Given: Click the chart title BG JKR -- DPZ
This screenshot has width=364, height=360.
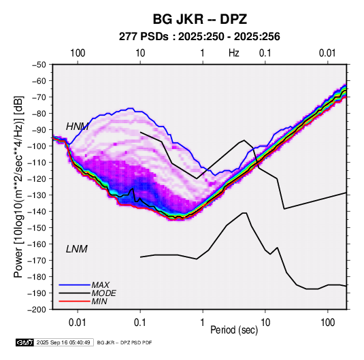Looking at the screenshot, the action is tap(200, 19).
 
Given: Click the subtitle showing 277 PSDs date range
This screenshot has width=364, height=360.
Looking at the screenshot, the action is tap(199, 37).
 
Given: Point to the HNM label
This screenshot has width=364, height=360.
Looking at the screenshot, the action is tap(77, 127).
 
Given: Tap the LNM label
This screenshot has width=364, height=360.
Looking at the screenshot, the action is tap(77, 249).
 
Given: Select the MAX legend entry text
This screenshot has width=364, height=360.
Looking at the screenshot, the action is tap(100, 285).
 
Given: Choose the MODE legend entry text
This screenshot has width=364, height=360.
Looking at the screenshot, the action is tap(104, 293).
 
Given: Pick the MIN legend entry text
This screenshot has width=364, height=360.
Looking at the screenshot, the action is tap(99, 301).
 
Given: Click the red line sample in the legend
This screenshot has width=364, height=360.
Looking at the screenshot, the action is tap(74, 301).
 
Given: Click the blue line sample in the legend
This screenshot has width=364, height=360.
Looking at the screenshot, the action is tap(74, 285).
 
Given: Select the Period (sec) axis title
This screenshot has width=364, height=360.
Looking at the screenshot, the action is tap(234, 330).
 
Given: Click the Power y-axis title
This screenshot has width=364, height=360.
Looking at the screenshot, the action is tap(18, 186).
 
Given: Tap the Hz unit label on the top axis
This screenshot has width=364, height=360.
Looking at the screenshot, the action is tap(234, 53).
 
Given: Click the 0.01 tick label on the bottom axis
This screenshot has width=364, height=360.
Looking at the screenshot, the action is tap(78, 323).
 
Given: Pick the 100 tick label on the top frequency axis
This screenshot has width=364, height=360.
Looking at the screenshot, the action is tap(78, 53).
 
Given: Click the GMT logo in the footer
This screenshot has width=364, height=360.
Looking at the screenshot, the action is tap(25, 342).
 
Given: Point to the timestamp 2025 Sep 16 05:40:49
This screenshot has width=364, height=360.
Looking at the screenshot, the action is tap(63, 342).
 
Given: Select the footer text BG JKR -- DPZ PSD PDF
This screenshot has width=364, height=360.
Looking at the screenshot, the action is tap(125, 342).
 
